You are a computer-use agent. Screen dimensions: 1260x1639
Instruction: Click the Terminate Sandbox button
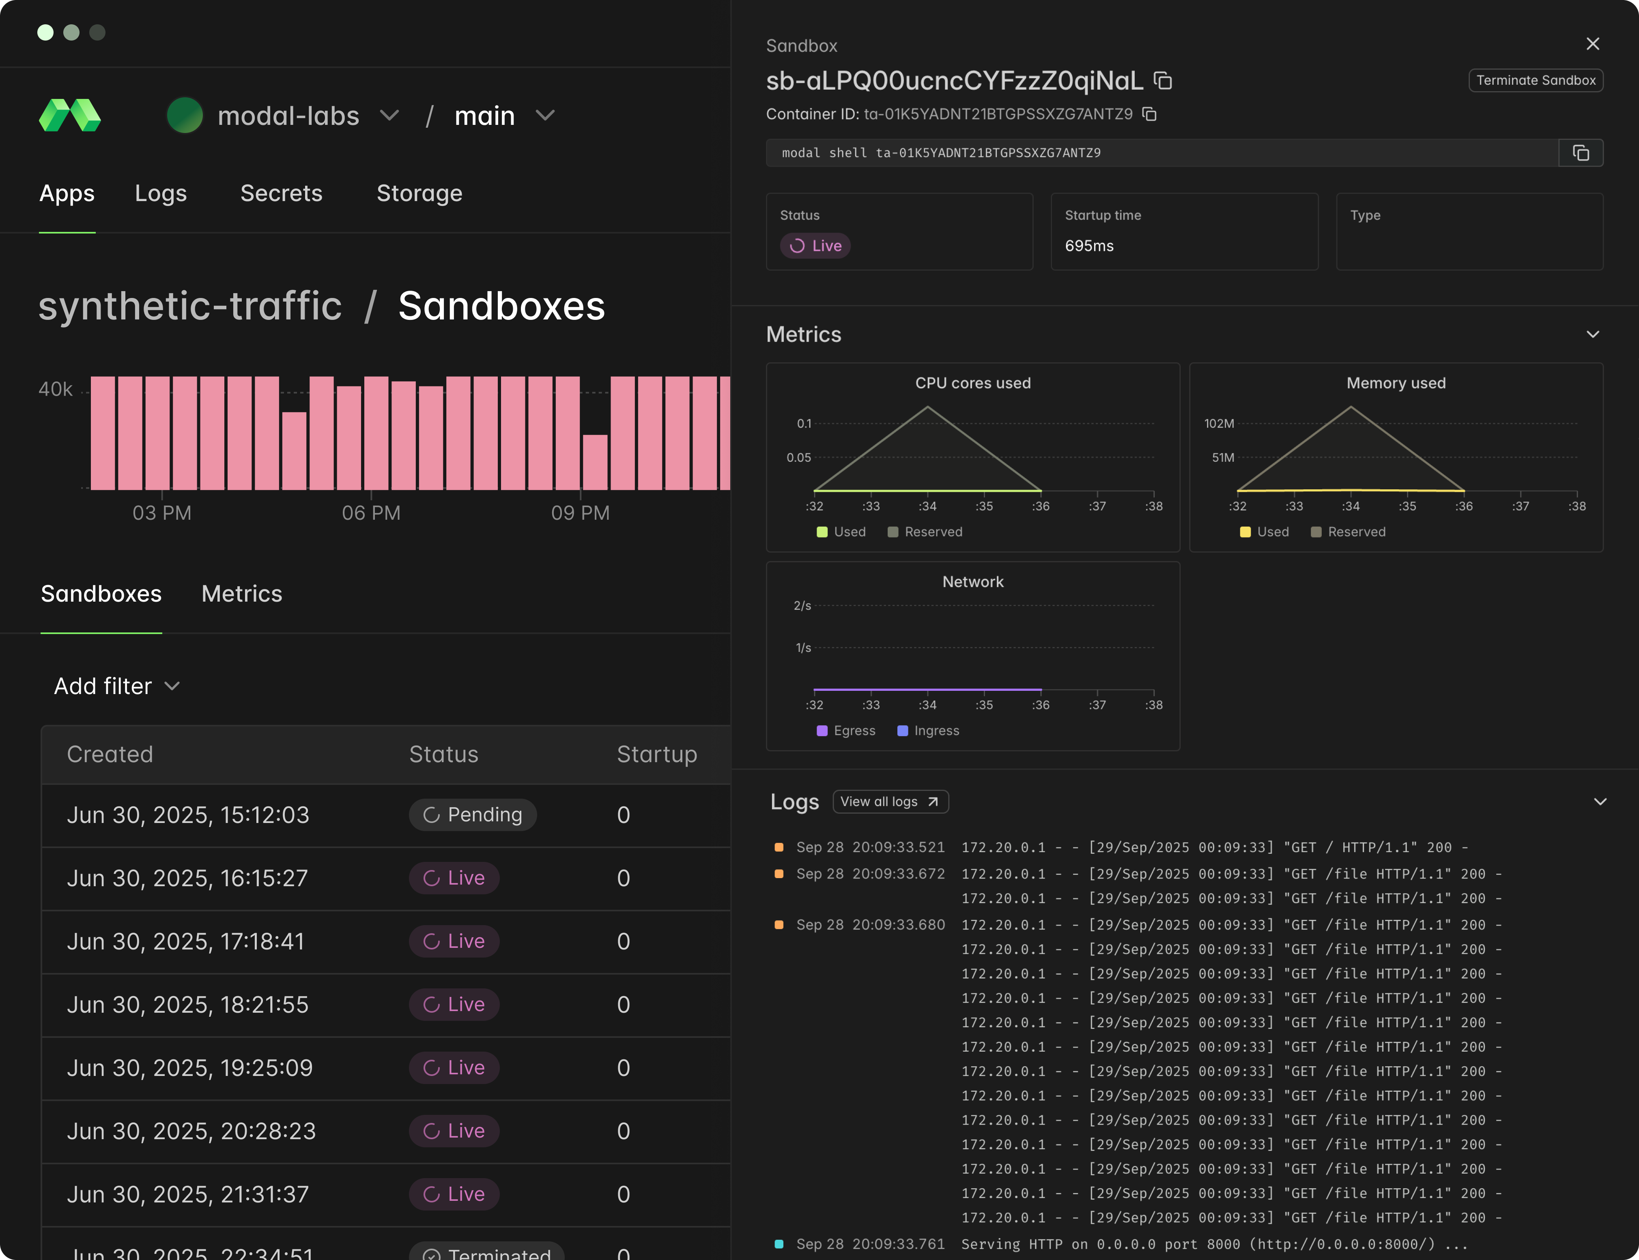click(1536, 80)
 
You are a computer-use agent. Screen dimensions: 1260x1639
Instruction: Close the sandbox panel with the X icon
click(1592, 44)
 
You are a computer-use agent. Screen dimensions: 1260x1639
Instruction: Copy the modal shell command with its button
click(1581, 153)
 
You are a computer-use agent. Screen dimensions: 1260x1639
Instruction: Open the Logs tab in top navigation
click(161, 193)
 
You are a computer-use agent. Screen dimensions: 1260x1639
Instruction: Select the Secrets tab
click(282, 193)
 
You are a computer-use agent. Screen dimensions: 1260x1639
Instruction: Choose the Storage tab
click(419, 193)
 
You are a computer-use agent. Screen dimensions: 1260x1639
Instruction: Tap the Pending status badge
click(473, 815)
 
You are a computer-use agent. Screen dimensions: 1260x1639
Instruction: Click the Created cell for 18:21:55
click(187, 1005)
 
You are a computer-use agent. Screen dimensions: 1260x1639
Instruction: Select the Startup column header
click(657, 754)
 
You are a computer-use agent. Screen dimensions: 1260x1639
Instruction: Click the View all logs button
click(890, 802)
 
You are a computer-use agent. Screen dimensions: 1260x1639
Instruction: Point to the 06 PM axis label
click(371, 513)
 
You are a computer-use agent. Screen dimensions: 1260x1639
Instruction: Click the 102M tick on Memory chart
click(1219, 424)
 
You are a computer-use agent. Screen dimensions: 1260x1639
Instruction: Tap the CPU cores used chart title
click(972, 383)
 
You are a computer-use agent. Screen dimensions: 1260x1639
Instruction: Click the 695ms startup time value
click(1089, 246)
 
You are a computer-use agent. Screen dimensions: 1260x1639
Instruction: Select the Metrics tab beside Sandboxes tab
click(242, 594)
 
